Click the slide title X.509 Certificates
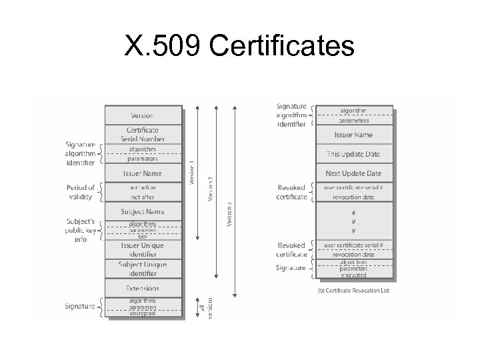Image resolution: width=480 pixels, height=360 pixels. (239, 46)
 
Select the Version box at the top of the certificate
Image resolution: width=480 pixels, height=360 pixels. (143, 115)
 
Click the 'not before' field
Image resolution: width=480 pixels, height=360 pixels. (143, 188)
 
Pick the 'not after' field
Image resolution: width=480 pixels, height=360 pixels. (143, 197)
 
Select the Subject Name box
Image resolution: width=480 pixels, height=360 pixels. (143, 212)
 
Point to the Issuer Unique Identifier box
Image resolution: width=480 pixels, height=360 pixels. (143, 250)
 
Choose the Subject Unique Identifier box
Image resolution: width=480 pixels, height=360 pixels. (143, 269)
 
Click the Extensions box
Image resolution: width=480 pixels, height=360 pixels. (143, 289)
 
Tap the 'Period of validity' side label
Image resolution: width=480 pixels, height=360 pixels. (81, 191)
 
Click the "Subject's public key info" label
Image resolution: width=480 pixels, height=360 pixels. (81, 230)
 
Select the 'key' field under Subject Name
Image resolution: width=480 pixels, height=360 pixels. (143, 237)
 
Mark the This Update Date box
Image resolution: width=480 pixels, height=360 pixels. (353, 154)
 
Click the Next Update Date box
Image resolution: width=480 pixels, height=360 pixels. (353, 173)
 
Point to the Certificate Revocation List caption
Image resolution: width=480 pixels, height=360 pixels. (354, 291)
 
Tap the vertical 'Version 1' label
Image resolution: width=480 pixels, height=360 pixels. (193, 172)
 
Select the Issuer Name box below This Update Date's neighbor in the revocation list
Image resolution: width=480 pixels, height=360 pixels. (353, 135)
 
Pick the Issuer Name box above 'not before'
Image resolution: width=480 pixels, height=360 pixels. (143, 173)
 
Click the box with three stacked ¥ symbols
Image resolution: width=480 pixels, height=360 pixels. (353, 222)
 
